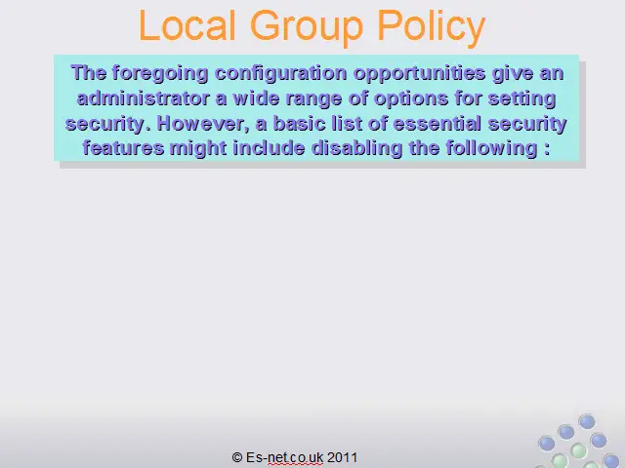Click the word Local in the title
[187, 25]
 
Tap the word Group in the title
[307, 28]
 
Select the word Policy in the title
[432, 28]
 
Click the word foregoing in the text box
[160, 74]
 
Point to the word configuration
[281, 74]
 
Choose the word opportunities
[420, 74]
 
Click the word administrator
[144, 98]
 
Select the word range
[314, 99]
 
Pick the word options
[411, 99]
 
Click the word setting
[522, 99]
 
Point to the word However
[203, 124]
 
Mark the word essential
[437, 124]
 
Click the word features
[124, 148]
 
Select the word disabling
[356, 149]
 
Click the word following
[491, 149]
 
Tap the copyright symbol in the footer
[237, 457]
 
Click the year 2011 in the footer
[342, 457]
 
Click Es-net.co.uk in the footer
[284, 457]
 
